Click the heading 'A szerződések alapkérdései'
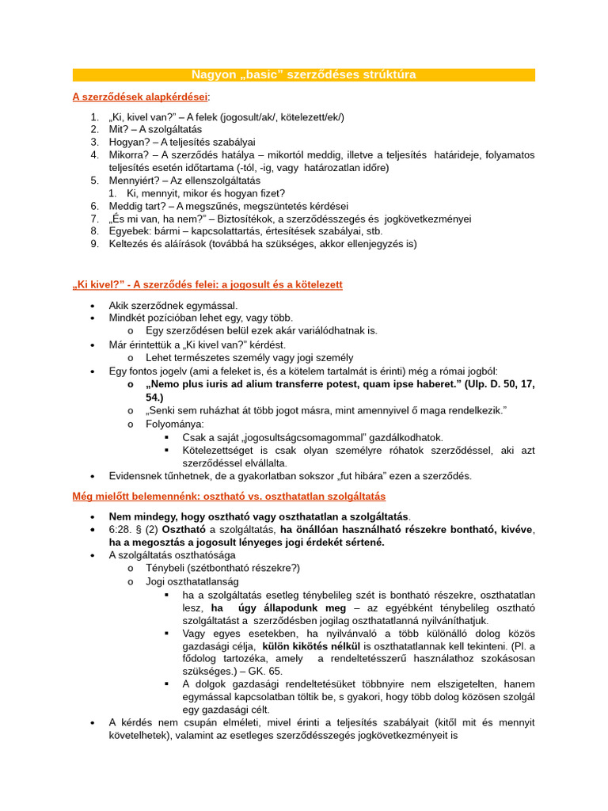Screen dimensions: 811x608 [x=140, y=97]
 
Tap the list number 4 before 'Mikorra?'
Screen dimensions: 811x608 [x=94, y=154]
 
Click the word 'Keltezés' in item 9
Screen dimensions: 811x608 [x=131, y=244]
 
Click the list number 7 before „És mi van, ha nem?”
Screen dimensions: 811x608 [x=94, y=219]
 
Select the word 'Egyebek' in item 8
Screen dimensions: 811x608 [x=128, y=231]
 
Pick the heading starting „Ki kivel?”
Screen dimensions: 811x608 [x=207, y=284]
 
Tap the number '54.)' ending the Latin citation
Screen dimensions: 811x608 [x=154, y=396]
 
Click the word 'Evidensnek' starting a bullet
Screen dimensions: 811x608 [x=137, y=476]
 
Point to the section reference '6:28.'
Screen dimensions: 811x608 [x=123, y=529]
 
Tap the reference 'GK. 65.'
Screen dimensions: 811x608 [x=264, y=670]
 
